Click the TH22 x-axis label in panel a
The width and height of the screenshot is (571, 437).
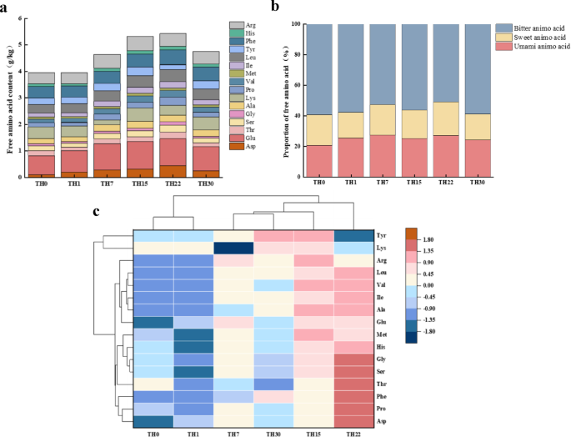tap(173, 183)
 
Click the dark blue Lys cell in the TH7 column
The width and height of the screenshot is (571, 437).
tap(234, 249)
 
